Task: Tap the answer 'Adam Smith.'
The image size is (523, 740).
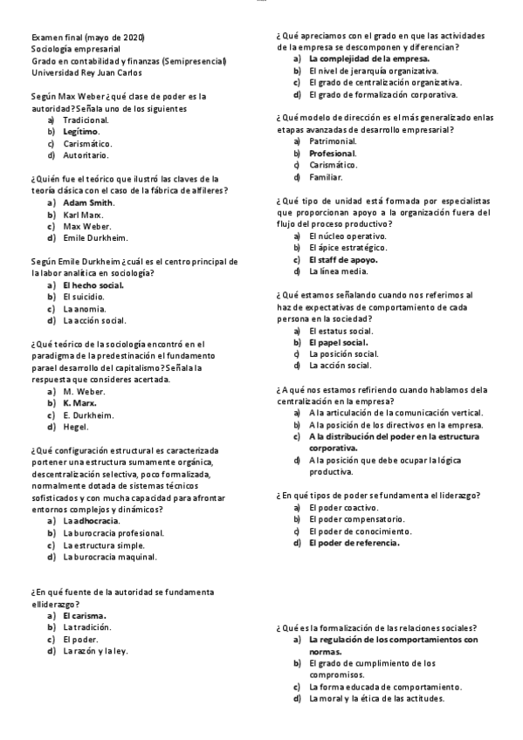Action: tap(88, 202)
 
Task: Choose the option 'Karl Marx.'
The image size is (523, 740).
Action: tap(83, 214)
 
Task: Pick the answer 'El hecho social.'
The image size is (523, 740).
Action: tap(93, 285)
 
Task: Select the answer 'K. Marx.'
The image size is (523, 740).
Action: tap(81, 404)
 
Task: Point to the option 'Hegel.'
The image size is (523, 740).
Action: tap(76, 427)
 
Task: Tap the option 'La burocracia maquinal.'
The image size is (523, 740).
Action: tap(110, 556)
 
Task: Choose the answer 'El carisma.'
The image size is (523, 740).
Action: tap(85, 615)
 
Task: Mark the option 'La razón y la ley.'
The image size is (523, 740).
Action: tap(96, 650)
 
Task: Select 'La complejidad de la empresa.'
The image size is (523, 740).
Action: tap(368, 58)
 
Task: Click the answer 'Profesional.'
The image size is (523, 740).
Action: tap(333, 153)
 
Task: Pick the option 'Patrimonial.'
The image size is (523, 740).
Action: tap(333, 140)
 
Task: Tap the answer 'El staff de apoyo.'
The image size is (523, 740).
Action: tap(343, 259)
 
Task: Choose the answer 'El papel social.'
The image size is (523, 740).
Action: tap(338, 342)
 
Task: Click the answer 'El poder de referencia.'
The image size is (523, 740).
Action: tap(354, 543)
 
